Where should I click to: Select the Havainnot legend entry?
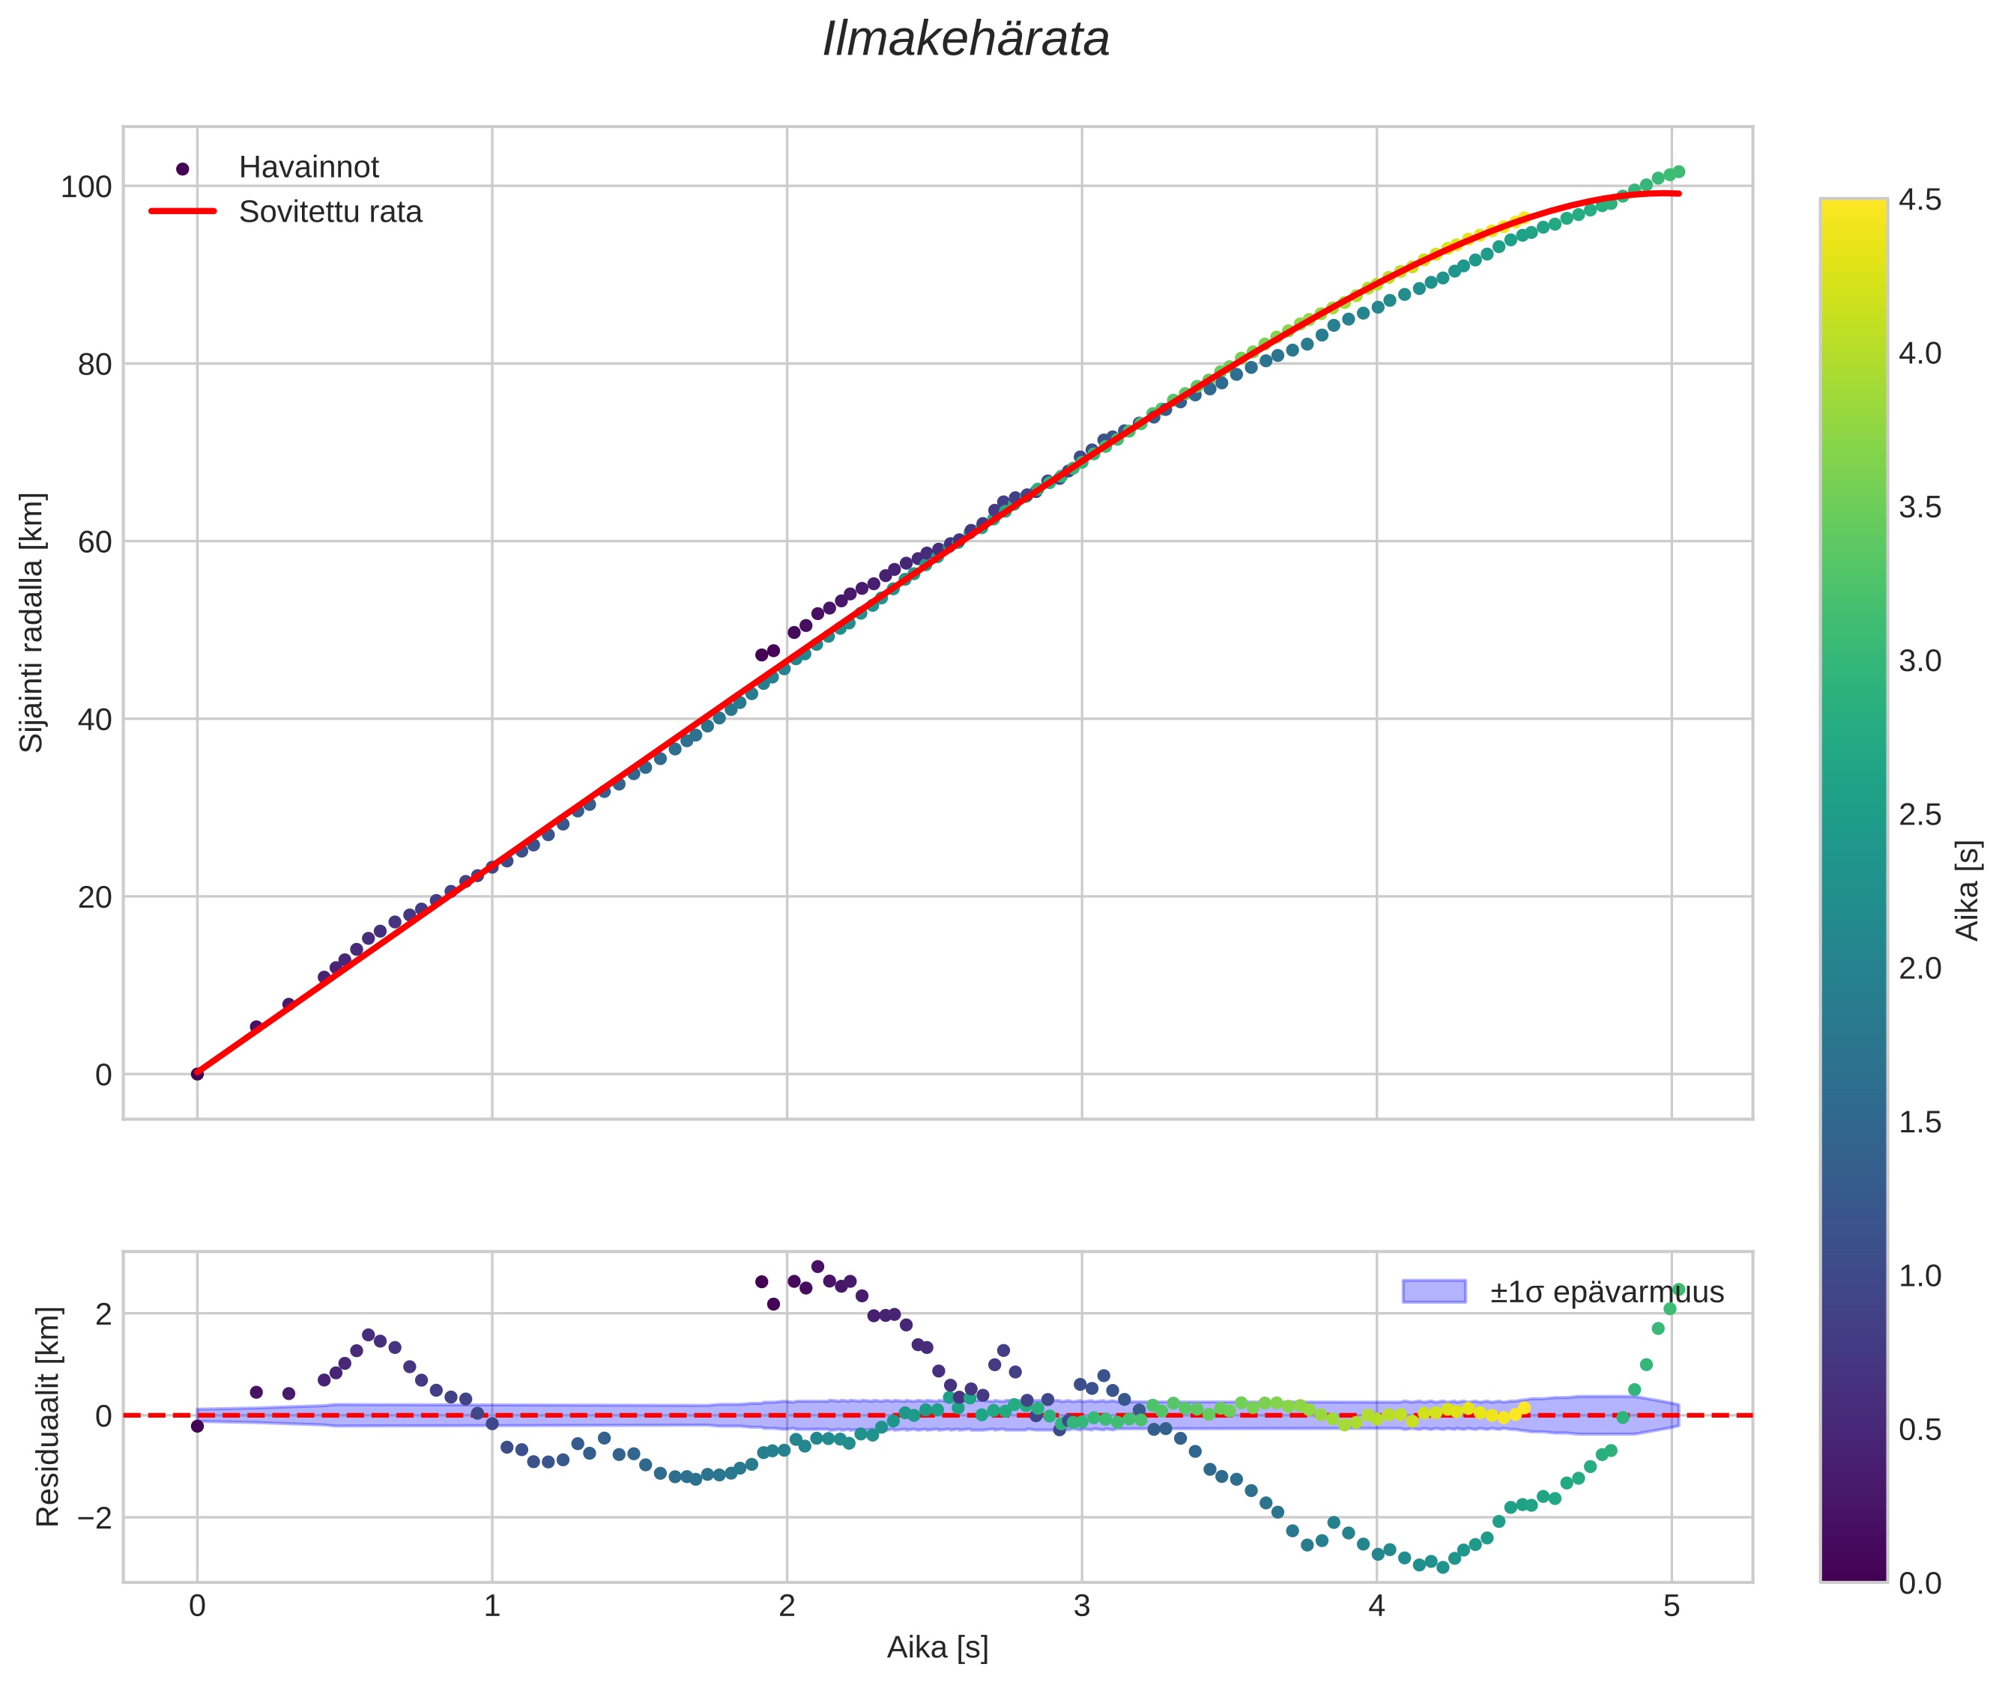click(308, 168)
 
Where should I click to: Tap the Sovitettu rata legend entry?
click(330, 212)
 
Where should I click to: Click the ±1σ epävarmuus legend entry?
click(1606, 1292)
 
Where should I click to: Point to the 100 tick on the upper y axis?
click(86, 187)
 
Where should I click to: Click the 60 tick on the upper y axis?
click(94, 541)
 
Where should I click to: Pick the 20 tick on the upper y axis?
click(94, 897)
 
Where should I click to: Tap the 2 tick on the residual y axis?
click(103, 1315)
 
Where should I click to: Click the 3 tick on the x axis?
click(1082, 1606)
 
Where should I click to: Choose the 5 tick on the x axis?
click(1671, 1606)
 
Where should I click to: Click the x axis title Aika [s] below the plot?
click(937, 1648)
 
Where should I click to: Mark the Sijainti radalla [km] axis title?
click(32, 622)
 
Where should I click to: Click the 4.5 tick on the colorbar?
click(1919, 200)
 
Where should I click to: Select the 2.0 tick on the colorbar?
click(1919, 968)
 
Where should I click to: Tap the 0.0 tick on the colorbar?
click(1919, 1584)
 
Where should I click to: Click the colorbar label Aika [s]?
click(1968, 890)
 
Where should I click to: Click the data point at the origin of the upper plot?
click(198, 1074)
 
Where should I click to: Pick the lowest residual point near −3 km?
click(1442, 1567)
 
